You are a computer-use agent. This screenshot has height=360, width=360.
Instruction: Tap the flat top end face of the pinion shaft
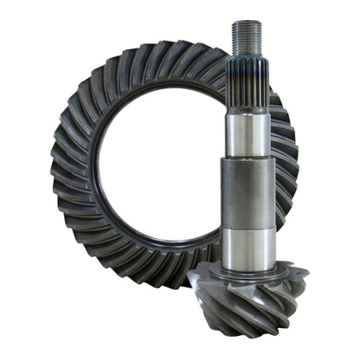click(246, 23)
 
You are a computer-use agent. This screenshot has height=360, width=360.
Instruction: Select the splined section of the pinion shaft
click(246, 82)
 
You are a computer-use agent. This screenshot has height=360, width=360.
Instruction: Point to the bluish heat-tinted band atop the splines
click(246, 58)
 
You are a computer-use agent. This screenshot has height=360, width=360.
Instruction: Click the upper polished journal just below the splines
click(246, 130)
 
